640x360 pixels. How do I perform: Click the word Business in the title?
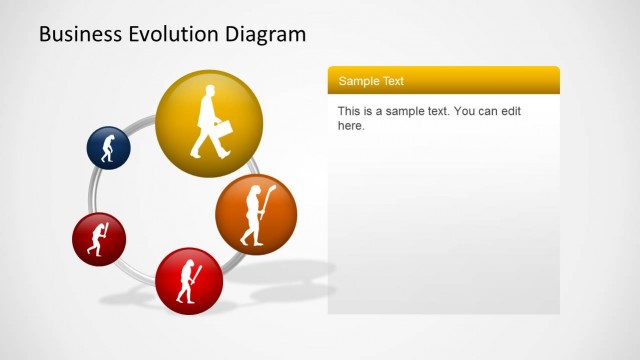82,35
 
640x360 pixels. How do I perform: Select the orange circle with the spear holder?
256,214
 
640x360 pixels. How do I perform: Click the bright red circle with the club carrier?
189,280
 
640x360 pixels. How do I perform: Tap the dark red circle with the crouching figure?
98,239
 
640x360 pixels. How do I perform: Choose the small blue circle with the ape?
108,147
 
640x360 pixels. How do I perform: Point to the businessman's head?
210,92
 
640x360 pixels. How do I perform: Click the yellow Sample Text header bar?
443,80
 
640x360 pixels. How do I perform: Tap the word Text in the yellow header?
392,81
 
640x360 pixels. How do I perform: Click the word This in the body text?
348,111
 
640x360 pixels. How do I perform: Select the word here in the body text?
351,126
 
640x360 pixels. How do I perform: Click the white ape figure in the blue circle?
109,148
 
